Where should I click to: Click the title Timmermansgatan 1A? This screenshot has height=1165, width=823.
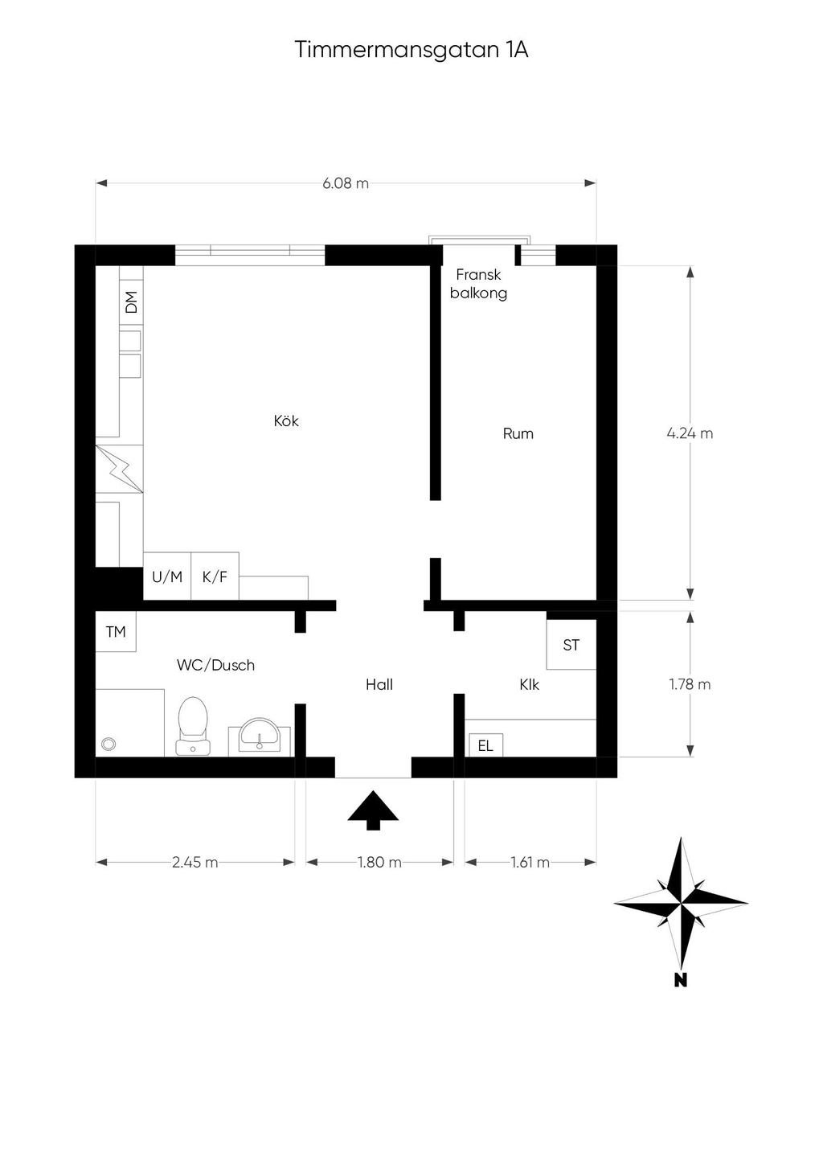(x=411, y=51)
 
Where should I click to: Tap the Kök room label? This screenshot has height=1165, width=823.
(x=286, y=420)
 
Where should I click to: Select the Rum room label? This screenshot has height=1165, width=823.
(x=518, y=433)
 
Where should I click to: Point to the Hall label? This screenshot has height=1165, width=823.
(x=379, y=684)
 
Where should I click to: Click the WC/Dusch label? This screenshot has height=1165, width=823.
(x=215, y=665)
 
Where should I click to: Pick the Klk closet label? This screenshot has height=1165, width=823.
(x=530, y=684)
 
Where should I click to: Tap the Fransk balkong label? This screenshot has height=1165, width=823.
(x=478, y=284)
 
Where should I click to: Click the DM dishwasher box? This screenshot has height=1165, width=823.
(x=131, y=302)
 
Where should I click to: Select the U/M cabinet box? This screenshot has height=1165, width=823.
(x=167, y=576)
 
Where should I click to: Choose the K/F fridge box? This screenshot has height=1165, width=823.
(x=215, y=576)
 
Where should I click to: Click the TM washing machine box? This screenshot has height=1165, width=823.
(x=116, y=631)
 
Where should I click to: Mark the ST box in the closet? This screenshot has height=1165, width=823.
(x=571, y=645)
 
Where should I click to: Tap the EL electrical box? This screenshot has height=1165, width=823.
(x=485, y=746)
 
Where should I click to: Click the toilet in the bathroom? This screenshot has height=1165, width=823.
(x=193, y=725)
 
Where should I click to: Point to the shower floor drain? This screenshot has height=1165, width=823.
(x=109, y=745)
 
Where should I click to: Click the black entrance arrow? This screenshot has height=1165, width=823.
(x=373, y=810)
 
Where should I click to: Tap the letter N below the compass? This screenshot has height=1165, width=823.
(x=681, y=980)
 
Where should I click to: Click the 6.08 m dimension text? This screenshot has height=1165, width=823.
(x=346, y=183)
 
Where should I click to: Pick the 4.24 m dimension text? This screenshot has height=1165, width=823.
(x=690, y=433)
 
